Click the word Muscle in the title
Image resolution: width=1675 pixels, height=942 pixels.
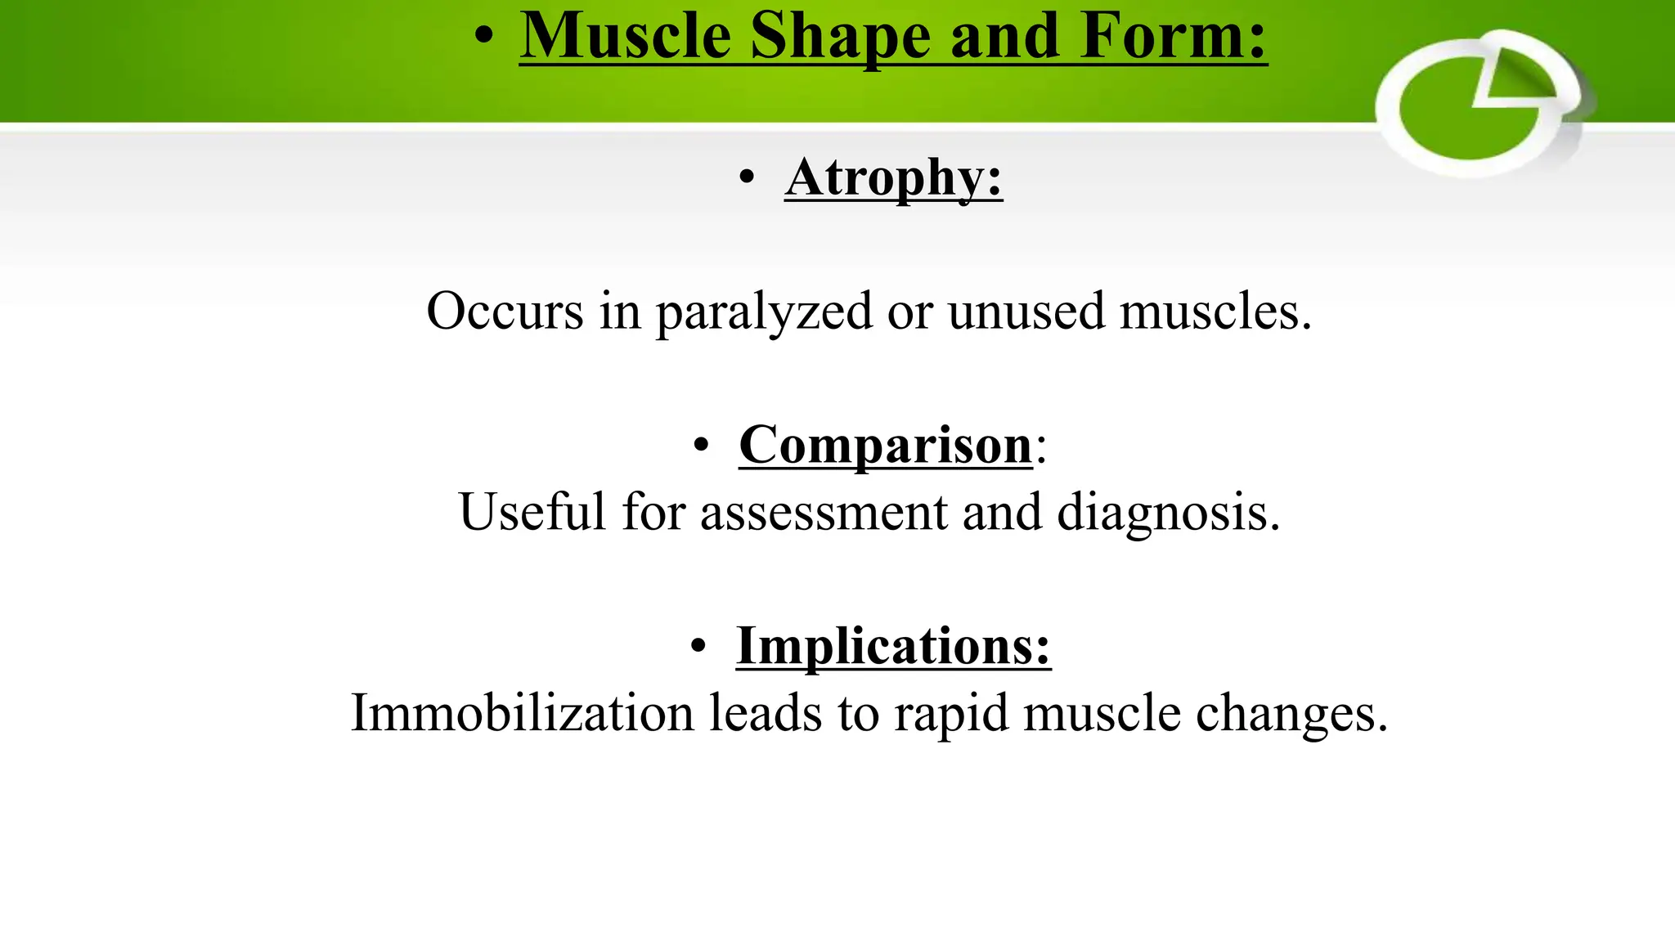click(625, 37)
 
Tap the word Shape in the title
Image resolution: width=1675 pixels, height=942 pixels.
click(840, 37)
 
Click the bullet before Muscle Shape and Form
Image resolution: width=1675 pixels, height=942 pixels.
click(484, 37)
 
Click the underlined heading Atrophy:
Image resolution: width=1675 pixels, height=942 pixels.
click(893, 177)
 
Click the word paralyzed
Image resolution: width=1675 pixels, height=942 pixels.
click(764, 312)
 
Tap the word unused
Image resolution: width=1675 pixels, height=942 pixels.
click(1026, 312)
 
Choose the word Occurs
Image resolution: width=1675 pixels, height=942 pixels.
click(505, 312)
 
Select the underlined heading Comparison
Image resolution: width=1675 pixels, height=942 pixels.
click(885, 446)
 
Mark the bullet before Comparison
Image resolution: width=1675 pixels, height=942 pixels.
click(701, 446)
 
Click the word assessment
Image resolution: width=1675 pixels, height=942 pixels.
click(824, 513)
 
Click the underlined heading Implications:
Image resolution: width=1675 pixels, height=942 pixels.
click(893, 647)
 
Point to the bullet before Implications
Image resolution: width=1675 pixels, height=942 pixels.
click(698, 647)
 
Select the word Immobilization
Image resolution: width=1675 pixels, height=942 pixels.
click(522, 713)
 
